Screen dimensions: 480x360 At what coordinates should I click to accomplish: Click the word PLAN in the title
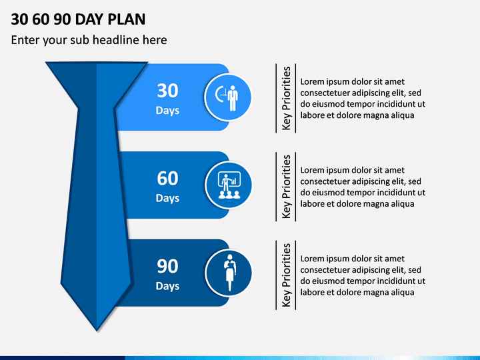(x=127, y=19)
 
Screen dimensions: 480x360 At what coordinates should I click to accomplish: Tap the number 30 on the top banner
(x=167, y=91)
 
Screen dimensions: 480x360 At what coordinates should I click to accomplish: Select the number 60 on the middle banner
(x=167, y=179)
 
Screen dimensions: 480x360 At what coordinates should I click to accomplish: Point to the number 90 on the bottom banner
(x=167, y=266)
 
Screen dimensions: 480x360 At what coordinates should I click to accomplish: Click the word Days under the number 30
(x=167, y=111)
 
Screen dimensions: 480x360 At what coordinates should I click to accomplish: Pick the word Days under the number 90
(x=167, y=286)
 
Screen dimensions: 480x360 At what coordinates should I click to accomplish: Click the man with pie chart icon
(x=227, y=97)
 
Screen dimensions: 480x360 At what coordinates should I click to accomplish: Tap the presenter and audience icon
(x=229, y=185)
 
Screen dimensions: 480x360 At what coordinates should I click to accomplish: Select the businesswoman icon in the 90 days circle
(x=229, y=273)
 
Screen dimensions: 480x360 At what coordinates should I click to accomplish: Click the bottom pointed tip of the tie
(x=97, y=331)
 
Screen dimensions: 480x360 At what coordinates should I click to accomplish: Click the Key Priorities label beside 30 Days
(x=286, y=98)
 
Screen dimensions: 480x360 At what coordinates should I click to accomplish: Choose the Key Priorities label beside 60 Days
(x=286, y=187)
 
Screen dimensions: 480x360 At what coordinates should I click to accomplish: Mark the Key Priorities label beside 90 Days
(x=286, y=275)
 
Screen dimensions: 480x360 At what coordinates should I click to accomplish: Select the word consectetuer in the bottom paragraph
(x=325, y=270)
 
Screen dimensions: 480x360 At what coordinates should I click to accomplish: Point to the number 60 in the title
(x=41, y=19)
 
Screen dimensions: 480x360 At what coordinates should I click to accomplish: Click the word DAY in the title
(x=89, y=19)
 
